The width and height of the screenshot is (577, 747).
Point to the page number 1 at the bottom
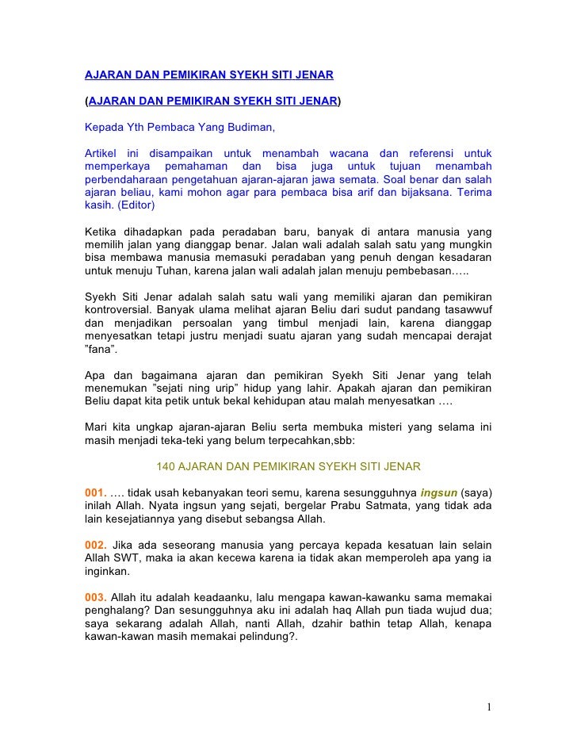point(491,707)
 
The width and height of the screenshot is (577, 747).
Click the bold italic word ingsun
point(438,491)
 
